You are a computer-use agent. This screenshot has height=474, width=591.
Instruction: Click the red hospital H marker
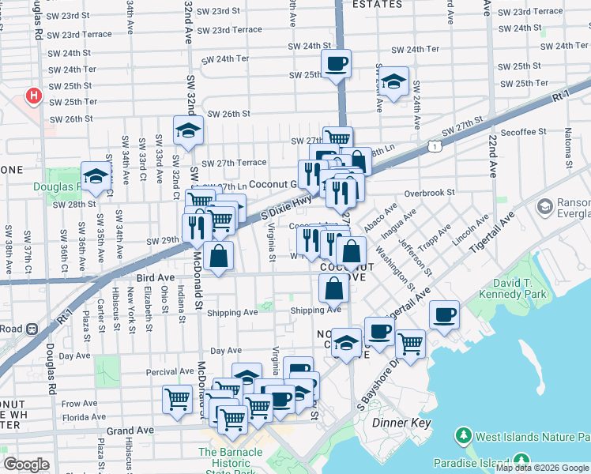pos(33,96)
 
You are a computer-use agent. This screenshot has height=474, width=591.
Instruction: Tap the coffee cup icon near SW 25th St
pos(336,63)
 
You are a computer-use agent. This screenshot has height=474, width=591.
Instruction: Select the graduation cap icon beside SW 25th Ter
pos(393,81)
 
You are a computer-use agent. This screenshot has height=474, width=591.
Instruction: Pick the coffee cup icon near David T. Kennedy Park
pos(444,314)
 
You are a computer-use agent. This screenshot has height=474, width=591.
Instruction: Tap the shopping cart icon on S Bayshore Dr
pos(410,342)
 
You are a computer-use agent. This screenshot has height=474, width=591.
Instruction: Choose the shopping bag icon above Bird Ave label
pos(219,256)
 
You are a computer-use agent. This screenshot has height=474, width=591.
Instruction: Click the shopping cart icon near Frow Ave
pos(177,398)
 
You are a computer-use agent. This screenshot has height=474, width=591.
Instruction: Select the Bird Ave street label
pos(155,278)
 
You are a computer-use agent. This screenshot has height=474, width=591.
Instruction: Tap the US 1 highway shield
pos(435,146)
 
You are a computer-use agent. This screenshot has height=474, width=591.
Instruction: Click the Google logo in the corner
pos(26,464)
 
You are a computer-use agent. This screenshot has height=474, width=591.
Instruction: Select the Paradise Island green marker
pos(521,461)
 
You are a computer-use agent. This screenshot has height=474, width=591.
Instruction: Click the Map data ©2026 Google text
pos(542,468)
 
